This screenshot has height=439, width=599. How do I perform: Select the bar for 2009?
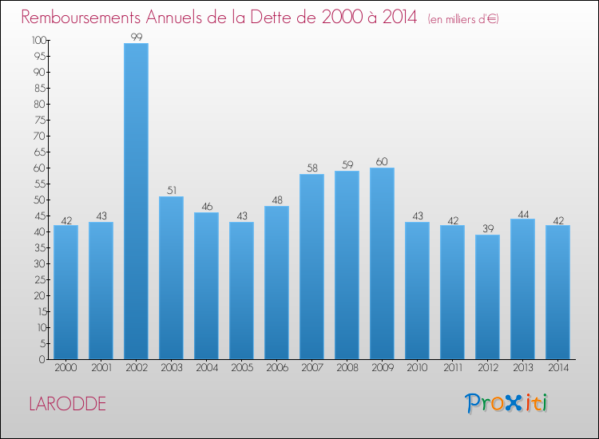pyautogui.click(x=382, y=263)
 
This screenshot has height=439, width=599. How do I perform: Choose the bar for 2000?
pyautogui.click(x=65, y=292)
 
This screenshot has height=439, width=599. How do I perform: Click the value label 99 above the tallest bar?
pyautogui.click(x=136, y=37)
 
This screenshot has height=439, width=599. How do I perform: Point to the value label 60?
pyautogui.click(x=382, y=161)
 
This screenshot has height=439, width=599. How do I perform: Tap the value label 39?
pyautogui.click(x=487, y=228)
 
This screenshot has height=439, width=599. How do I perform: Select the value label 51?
pyautogui.click(x=171, y=190)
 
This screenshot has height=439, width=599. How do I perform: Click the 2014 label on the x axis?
pyautogui.click(x=557, y=368)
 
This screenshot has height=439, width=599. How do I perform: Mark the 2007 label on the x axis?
pyautogui.click(x=311, y=368)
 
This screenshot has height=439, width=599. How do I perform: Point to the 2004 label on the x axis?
pyautogui.click(x=206, y=368)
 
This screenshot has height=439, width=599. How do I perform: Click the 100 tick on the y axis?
pyautogui.click(x=38, y=40)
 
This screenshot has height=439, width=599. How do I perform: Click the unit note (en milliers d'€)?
pyautogui.click(x=463, y=18)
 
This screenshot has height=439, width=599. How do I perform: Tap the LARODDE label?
pyautogui.click(x=67, y=404)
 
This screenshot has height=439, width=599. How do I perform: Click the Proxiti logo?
pyautogui.click(x=506, y=403)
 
